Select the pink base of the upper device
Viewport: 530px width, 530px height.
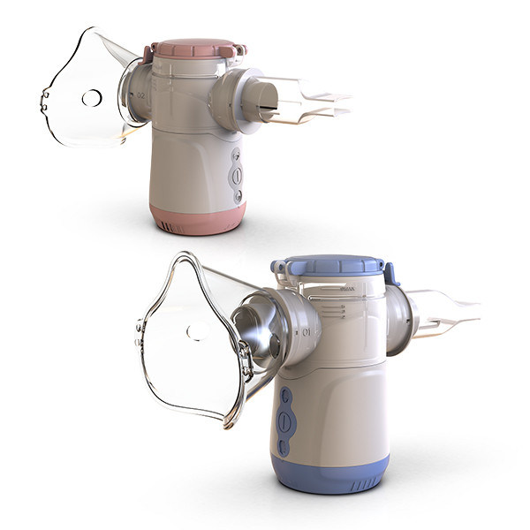(196, 218)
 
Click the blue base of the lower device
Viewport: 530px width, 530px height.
(330, 473)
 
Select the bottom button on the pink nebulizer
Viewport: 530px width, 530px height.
(237, 196)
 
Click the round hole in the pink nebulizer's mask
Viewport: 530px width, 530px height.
(91, 98)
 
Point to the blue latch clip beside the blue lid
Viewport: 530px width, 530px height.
(390, 274)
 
